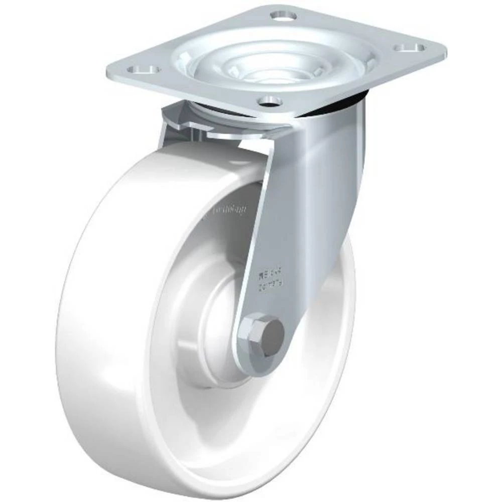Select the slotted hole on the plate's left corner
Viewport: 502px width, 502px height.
pyautogui.click(x=143, y=69)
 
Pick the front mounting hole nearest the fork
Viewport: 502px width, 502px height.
pyautogui.click(x=270, y=102)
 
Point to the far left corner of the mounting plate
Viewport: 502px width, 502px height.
pyautogui.click(x=108, y=73)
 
